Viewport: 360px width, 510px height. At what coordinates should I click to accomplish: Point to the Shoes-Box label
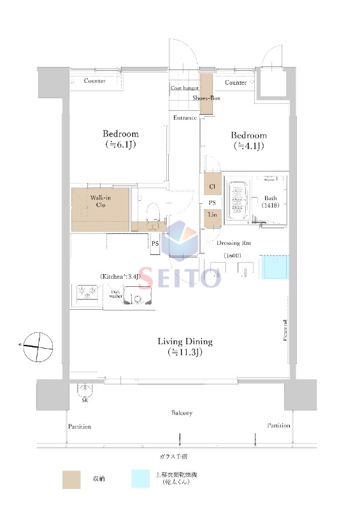[x=206, y=98]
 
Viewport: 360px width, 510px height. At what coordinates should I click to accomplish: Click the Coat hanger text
[x=184, y=89]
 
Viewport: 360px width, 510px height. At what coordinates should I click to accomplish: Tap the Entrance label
[x=185, y=118]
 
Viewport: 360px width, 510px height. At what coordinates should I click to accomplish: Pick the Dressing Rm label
[x=228, y=243]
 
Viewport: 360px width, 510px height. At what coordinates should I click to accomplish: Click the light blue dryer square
[x=276, y=268]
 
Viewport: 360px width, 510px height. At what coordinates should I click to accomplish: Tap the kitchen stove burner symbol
[x=87, y=293]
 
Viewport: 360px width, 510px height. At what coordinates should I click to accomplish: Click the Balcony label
[x=182, y=413]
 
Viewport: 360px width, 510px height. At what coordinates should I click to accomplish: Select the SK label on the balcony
[x=85, y=400]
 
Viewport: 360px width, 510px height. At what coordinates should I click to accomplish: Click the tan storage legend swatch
[x=71, y=479]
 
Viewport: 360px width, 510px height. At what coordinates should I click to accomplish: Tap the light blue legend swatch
[x=141, y=479]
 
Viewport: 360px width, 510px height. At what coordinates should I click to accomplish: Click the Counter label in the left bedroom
[x=95, y=81]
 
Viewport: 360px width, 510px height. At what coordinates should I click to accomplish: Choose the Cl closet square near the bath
[x=212, y=187]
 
